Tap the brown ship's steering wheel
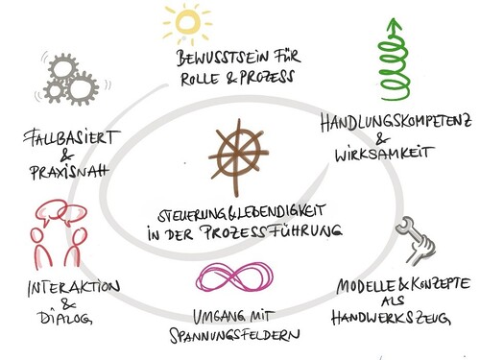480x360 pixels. coord(238,156)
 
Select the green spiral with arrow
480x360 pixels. coord(393,60)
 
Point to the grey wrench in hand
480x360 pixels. coord(416,240)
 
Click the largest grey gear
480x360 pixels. coord(82,88)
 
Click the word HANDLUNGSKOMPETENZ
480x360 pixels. coord(396,123)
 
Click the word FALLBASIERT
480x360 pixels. coord(71,137)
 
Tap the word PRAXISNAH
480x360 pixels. coord(69,172)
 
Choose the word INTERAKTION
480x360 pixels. coord(74,288)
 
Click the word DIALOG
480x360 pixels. coord(65,318)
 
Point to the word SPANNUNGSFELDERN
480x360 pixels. coord(234,335)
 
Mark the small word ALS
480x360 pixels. coord(393,300)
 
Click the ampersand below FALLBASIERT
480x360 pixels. coord(66,156)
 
